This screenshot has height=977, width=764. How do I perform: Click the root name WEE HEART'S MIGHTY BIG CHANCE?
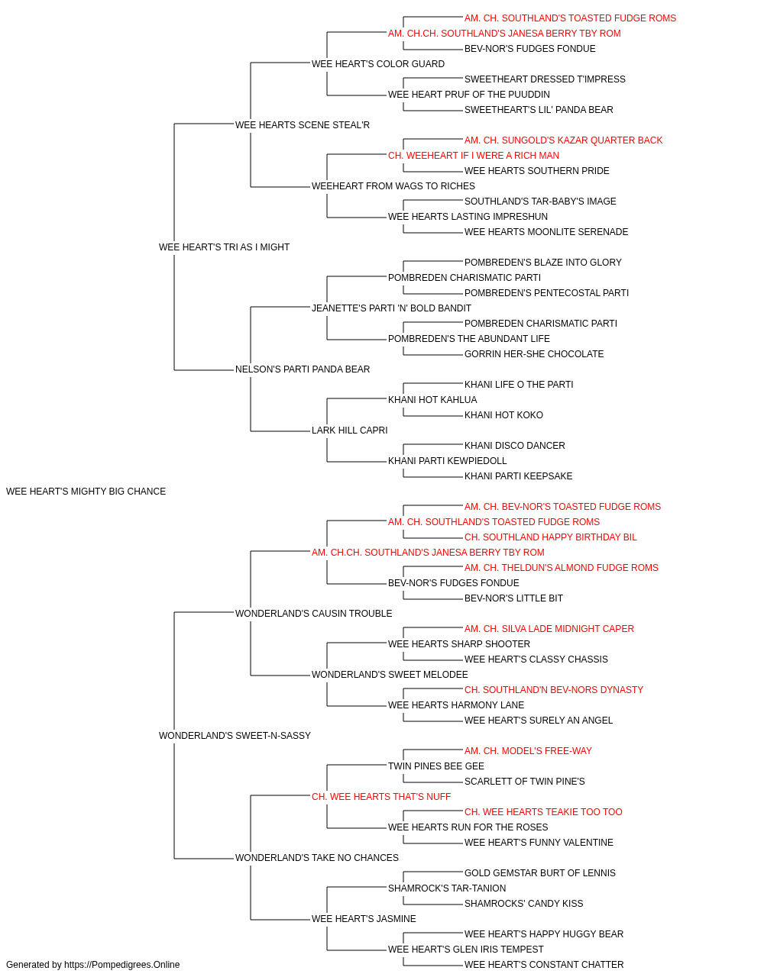[x=86, y=492]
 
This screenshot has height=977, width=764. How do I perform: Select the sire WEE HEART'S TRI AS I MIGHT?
[x=224, y=247]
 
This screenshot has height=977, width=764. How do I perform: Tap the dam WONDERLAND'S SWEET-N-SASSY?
[x=235, y=736]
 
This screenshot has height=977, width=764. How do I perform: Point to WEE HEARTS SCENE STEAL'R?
[x=303, y=125]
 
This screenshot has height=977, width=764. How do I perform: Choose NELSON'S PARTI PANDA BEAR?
[x=303, y=369]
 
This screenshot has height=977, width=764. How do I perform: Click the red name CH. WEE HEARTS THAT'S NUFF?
[x=381, y=797]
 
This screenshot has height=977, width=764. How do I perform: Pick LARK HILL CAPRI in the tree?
[x=350, y=430]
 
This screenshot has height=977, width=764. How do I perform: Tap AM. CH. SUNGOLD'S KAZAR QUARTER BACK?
[x=563, y=140]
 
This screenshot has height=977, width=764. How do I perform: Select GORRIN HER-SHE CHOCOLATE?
[x=534, y=354]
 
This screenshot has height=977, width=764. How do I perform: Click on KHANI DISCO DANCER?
[x=515, y=446]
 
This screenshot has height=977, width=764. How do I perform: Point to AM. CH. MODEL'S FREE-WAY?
[x=528, y=751]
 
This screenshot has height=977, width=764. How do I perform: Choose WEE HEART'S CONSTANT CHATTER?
[x=544, y=965]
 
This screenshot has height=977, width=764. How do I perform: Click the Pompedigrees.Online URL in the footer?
[x=122, y=965]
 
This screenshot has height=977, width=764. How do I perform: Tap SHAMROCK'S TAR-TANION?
[x=447, y=888]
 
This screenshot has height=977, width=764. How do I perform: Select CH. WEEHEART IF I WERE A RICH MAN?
[x=474, y=156]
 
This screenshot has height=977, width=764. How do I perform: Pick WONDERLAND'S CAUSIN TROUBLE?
[x=313, y=613]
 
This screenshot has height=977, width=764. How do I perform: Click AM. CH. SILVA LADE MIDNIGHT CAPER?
[x=549, y=628]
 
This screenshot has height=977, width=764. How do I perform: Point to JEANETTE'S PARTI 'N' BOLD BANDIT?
[x=391, y=308]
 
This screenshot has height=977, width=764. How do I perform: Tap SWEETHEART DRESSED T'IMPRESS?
[x=545, y=79]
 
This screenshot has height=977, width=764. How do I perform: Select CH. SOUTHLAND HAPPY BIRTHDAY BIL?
[x=551, y=537]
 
